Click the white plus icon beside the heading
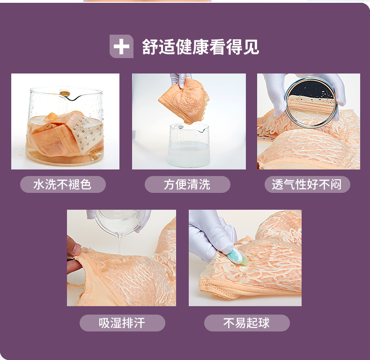point(121,46)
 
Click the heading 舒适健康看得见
point(200,47)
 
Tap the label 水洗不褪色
point(63,184)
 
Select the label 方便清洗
point(187,184)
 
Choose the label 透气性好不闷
point(307,184)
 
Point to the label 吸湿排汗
point(122,323)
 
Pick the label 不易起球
point(246,323)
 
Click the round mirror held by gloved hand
point(311,103)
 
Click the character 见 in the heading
point(251,47)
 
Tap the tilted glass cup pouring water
point(120,222)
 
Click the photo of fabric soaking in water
point(66,121)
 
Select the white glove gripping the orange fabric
point(180,79)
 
